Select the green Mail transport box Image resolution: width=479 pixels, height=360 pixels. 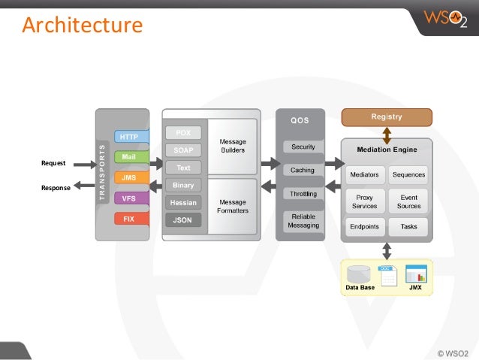pos(129,157)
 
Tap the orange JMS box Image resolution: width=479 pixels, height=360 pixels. pos(129,178)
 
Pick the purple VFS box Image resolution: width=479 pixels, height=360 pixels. pos(129,198)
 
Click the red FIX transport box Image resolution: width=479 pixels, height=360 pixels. pos(129,219)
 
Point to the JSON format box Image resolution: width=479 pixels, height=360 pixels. pos(182,220)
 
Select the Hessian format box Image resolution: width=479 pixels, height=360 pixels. pos(182,203)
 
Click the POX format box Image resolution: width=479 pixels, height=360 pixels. pos(182,132)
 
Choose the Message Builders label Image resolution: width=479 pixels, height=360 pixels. pos(232,145)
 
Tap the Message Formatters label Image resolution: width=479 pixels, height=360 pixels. pos(232,206)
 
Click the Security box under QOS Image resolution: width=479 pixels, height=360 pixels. pos(303,147)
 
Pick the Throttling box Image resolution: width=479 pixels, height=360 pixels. pos(303,194)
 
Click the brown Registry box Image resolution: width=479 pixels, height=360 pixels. pos(387,116)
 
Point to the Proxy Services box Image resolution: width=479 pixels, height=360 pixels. pos(365,201)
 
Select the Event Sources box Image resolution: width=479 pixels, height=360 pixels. pos(408,201)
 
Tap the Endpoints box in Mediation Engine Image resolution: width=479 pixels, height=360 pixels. pos(365,226)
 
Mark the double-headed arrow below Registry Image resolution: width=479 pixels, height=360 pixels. pos(387,133)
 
